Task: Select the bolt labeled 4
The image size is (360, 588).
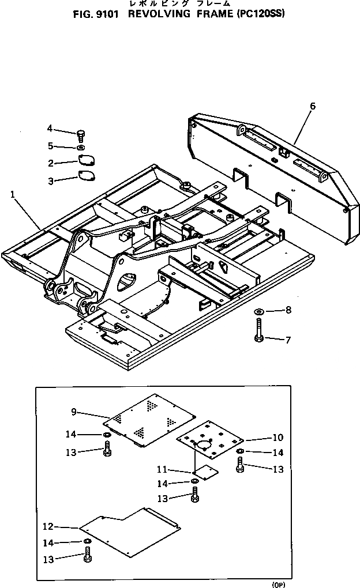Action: click(80, 135)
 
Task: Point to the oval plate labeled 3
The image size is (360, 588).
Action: click(87, 176)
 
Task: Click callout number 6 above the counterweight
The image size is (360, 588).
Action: click(312, 106)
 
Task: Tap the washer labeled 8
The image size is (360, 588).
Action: click(259, 312)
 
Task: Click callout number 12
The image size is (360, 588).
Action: click(48, 526)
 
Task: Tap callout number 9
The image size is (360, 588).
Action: click(74, 412)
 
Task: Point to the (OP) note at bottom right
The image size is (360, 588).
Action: click(279, 585)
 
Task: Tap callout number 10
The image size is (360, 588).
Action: click(278, 438)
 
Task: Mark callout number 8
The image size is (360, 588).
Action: click(288, 310)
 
